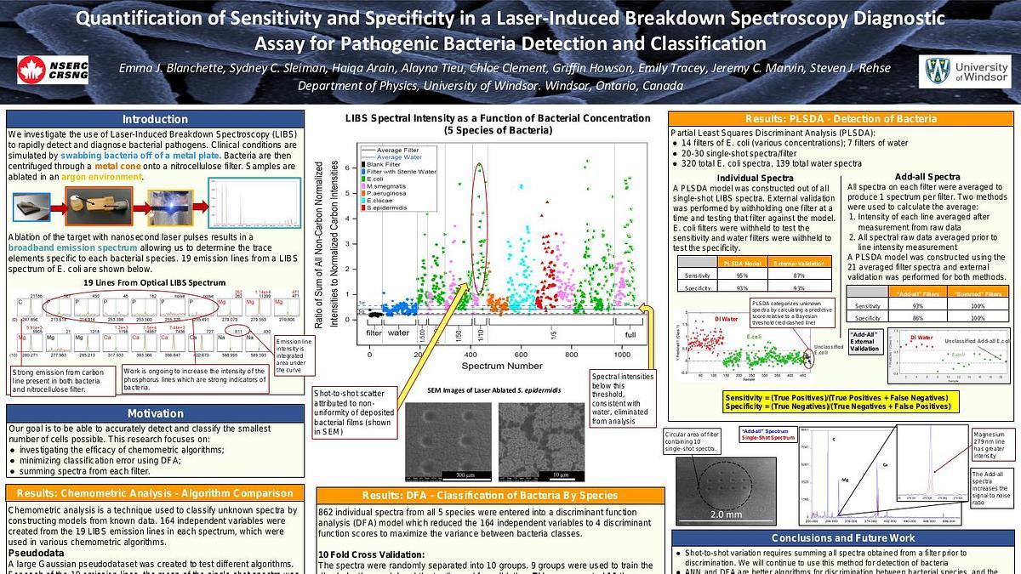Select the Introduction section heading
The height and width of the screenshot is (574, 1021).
(154, 119)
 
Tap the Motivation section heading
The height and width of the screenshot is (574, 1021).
(154, 414)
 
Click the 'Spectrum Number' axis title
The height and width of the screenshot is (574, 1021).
(498, 366)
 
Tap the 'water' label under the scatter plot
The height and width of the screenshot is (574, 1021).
(399, 333)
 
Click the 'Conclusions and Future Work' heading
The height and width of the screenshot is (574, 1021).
(842, 537)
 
